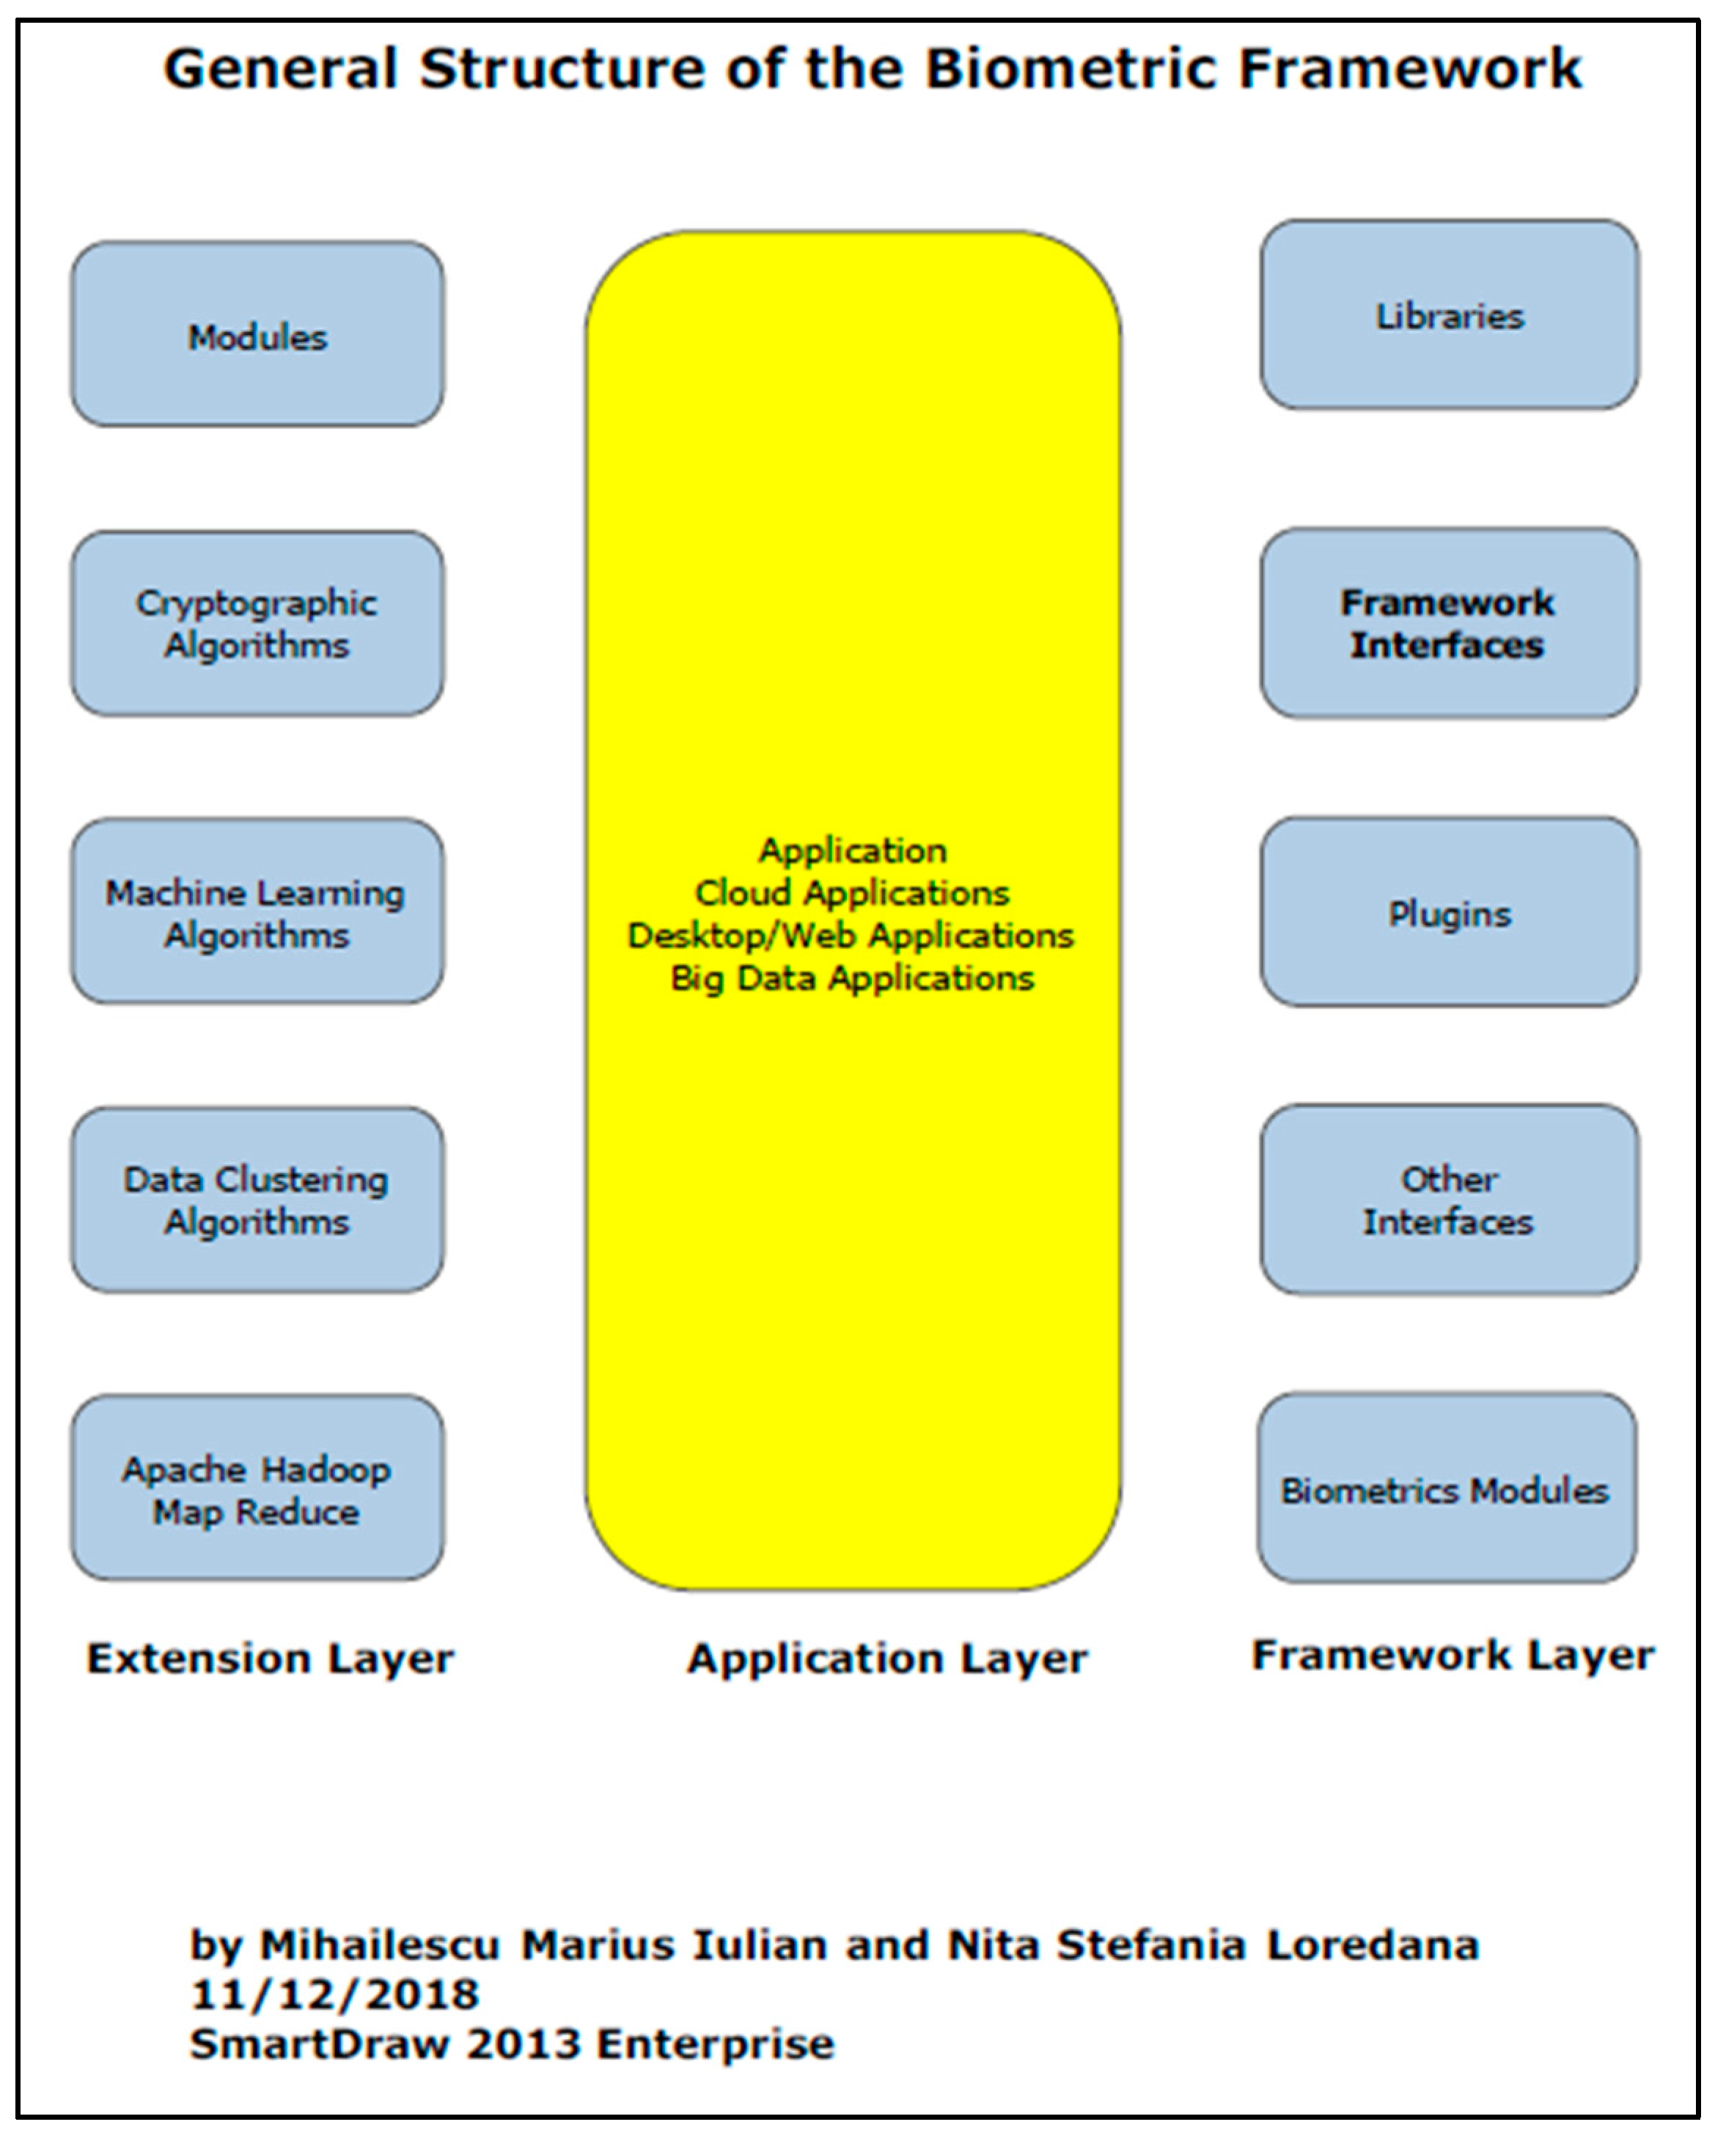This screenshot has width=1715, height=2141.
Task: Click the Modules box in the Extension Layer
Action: point(257,334)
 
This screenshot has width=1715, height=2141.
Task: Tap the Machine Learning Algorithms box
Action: point(257,911)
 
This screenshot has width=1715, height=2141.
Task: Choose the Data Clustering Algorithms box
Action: point(257,1200)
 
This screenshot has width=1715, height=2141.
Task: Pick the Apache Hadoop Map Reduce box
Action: point(257,1488)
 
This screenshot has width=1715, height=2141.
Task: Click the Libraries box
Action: point(1449,315)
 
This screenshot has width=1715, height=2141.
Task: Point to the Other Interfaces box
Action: point(1449,1200)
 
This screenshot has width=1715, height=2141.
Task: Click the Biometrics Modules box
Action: point(1446,1488)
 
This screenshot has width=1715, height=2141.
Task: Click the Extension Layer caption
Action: point(270,1659)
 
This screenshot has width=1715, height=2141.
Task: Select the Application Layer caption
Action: point(886,1659)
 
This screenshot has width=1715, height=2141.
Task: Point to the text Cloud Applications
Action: point(852,893)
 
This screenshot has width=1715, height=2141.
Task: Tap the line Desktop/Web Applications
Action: point(851,936)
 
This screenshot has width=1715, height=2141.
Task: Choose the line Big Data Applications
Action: point(852,978)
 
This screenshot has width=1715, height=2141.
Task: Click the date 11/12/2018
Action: point(334,1994)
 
